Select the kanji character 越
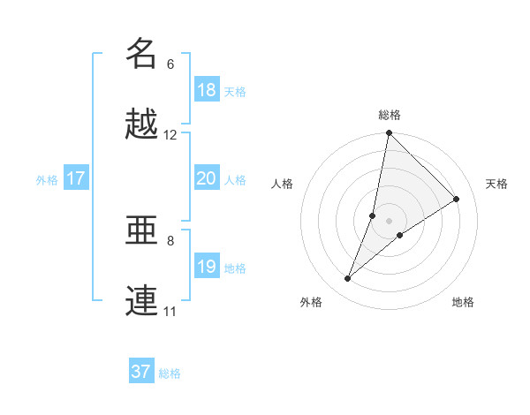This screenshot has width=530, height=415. point(141,124)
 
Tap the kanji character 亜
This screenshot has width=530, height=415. point(141,230)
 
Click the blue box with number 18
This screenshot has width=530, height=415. point(206,90)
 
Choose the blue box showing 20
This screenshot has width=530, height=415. point(206,178)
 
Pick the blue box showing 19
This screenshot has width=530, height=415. point(206,267)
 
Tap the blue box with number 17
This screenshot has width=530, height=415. point(75,178)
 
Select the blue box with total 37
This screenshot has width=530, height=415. point(140,372)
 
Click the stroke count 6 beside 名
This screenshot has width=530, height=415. point(170,64)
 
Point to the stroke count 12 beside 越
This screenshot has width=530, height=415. point(170,135)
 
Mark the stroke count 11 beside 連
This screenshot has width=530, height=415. point(170,312)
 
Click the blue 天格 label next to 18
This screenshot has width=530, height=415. point(235,91)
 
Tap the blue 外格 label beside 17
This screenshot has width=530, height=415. point(47,179)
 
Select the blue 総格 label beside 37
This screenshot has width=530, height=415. point(170,373)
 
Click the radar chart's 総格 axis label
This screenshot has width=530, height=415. point(390,115)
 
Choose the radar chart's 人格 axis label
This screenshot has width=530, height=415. point(283,184)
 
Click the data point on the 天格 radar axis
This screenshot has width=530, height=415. point(457,200)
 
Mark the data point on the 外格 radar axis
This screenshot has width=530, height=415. point(348,279)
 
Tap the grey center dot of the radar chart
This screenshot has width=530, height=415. point(390,221)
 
